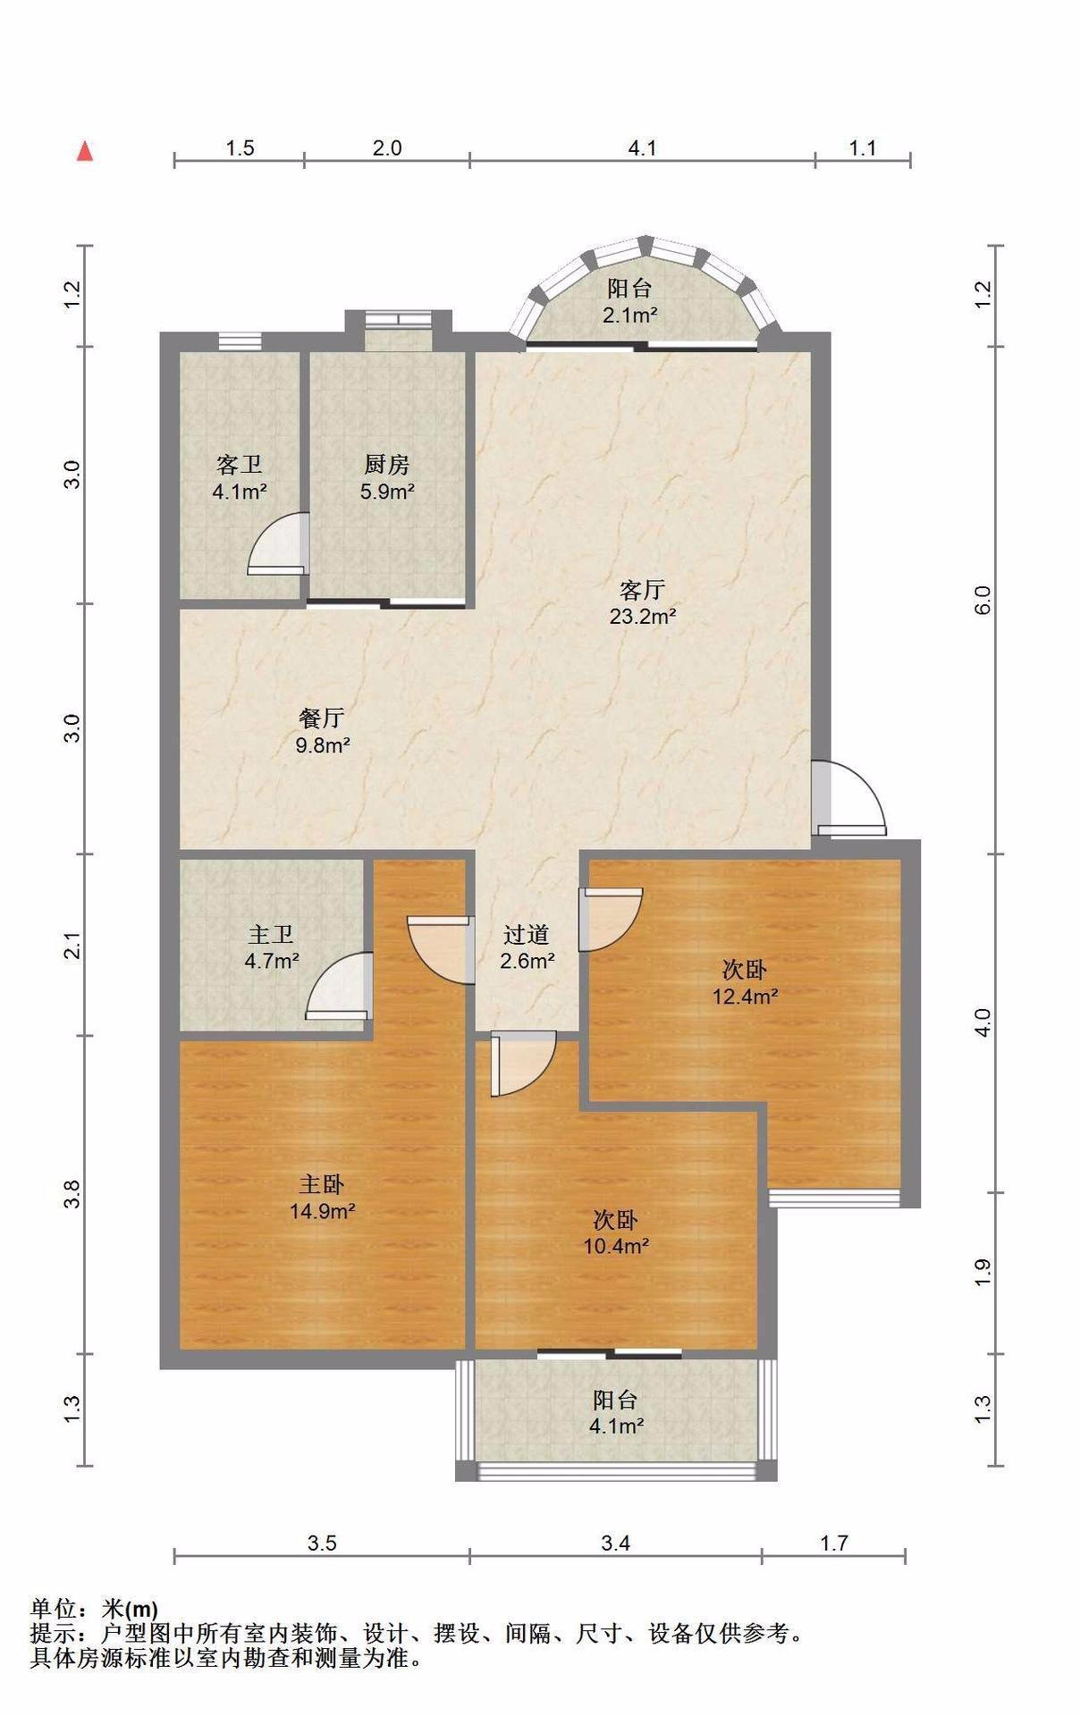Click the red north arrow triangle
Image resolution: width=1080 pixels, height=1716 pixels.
[x=85, y=151]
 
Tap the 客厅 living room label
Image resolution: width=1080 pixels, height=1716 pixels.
[x=642, y=590]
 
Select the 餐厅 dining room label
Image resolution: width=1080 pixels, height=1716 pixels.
[x=322, y=718]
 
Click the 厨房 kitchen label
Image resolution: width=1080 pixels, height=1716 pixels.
[x=387, y=465]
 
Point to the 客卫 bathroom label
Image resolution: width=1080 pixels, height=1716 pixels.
[x=240, y=465]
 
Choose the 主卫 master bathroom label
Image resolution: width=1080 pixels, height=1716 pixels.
[x=271, y=935]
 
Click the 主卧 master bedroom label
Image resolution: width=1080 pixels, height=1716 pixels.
[x=322, y=1185]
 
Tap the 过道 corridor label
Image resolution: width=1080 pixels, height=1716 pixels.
[x=526, y=935]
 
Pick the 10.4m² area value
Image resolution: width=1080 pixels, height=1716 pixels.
[x=616, y=1246]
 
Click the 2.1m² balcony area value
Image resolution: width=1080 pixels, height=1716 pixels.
[x=629, y=315]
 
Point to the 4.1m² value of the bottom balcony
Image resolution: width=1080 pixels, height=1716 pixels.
[x=616, y=1426]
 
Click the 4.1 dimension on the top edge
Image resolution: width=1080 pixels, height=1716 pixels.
[x=642, y=147]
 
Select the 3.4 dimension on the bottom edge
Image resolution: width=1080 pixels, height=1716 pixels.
[x=616, y=1543]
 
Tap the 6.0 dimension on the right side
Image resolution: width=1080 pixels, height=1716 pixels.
[x=983, y=600]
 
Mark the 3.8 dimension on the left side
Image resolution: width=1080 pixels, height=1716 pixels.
[x=72, y=1194]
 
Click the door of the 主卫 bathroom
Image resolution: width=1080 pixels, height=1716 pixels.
[x=339, y=986]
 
